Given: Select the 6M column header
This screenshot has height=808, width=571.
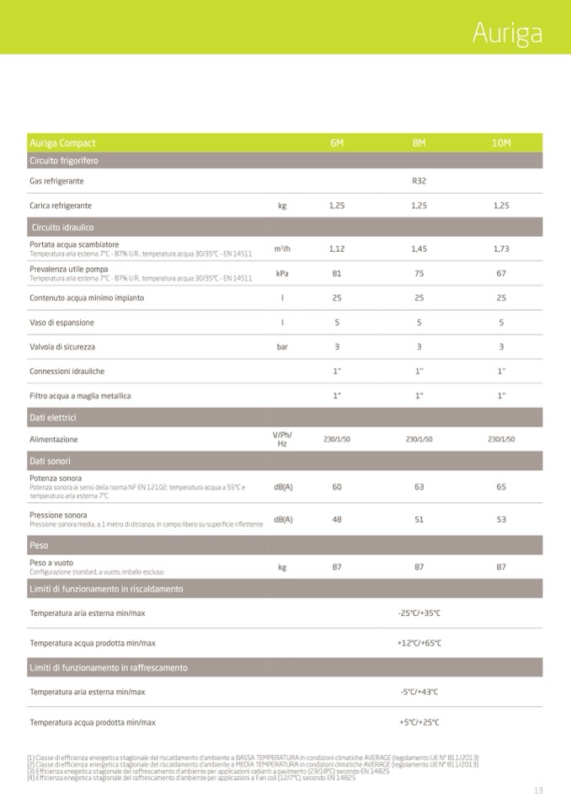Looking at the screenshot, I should click(x=337, y=143).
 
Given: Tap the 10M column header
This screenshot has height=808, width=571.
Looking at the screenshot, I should click(x=501, y=143).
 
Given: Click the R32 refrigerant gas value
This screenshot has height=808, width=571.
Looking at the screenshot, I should click(x=419, y=181).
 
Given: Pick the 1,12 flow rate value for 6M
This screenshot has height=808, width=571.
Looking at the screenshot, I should click(x=337, y=249).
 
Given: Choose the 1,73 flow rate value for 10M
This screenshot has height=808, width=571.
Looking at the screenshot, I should click(x=501, y=249).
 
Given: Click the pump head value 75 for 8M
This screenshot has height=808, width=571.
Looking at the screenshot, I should click(x=419, y=273).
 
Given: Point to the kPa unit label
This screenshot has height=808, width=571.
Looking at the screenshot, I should click(x=282, y=273).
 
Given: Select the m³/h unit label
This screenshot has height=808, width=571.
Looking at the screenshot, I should click(x=282, y=249).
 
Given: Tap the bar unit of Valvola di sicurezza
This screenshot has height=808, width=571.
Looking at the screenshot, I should click(x=282, y=346).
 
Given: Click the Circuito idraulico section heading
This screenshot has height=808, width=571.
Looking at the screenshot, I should click(x=62, y=227).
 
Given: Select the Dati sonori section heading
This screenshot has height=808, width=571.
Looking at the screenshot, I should click(x=50, y=461).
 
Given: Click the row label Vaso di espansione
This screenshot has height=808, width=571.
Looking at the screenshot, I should click(x=61, y=323).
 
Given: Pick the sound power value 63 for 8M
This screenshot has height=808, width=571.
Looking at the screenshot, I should click(x=419, y=487).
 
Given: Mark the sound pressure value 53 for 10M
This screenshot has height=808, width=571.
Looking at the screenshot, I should click(x=501, y=519).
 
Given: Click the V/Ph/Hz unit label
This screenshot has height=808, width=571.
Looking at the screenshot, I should click(x=282, y=439).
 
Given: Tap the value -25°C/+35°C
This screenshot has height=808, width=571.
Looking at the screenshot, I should click(x=419, y=613).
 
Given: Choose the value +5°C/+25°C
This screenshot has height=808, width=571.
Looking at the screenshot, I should click(x=419, y=722).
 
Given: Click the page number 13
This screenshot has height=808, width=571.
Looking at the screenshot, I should click(x=538, y=790).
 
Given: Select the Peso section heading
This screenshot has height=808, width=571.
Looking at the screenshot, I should click(x=39, y=545).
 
